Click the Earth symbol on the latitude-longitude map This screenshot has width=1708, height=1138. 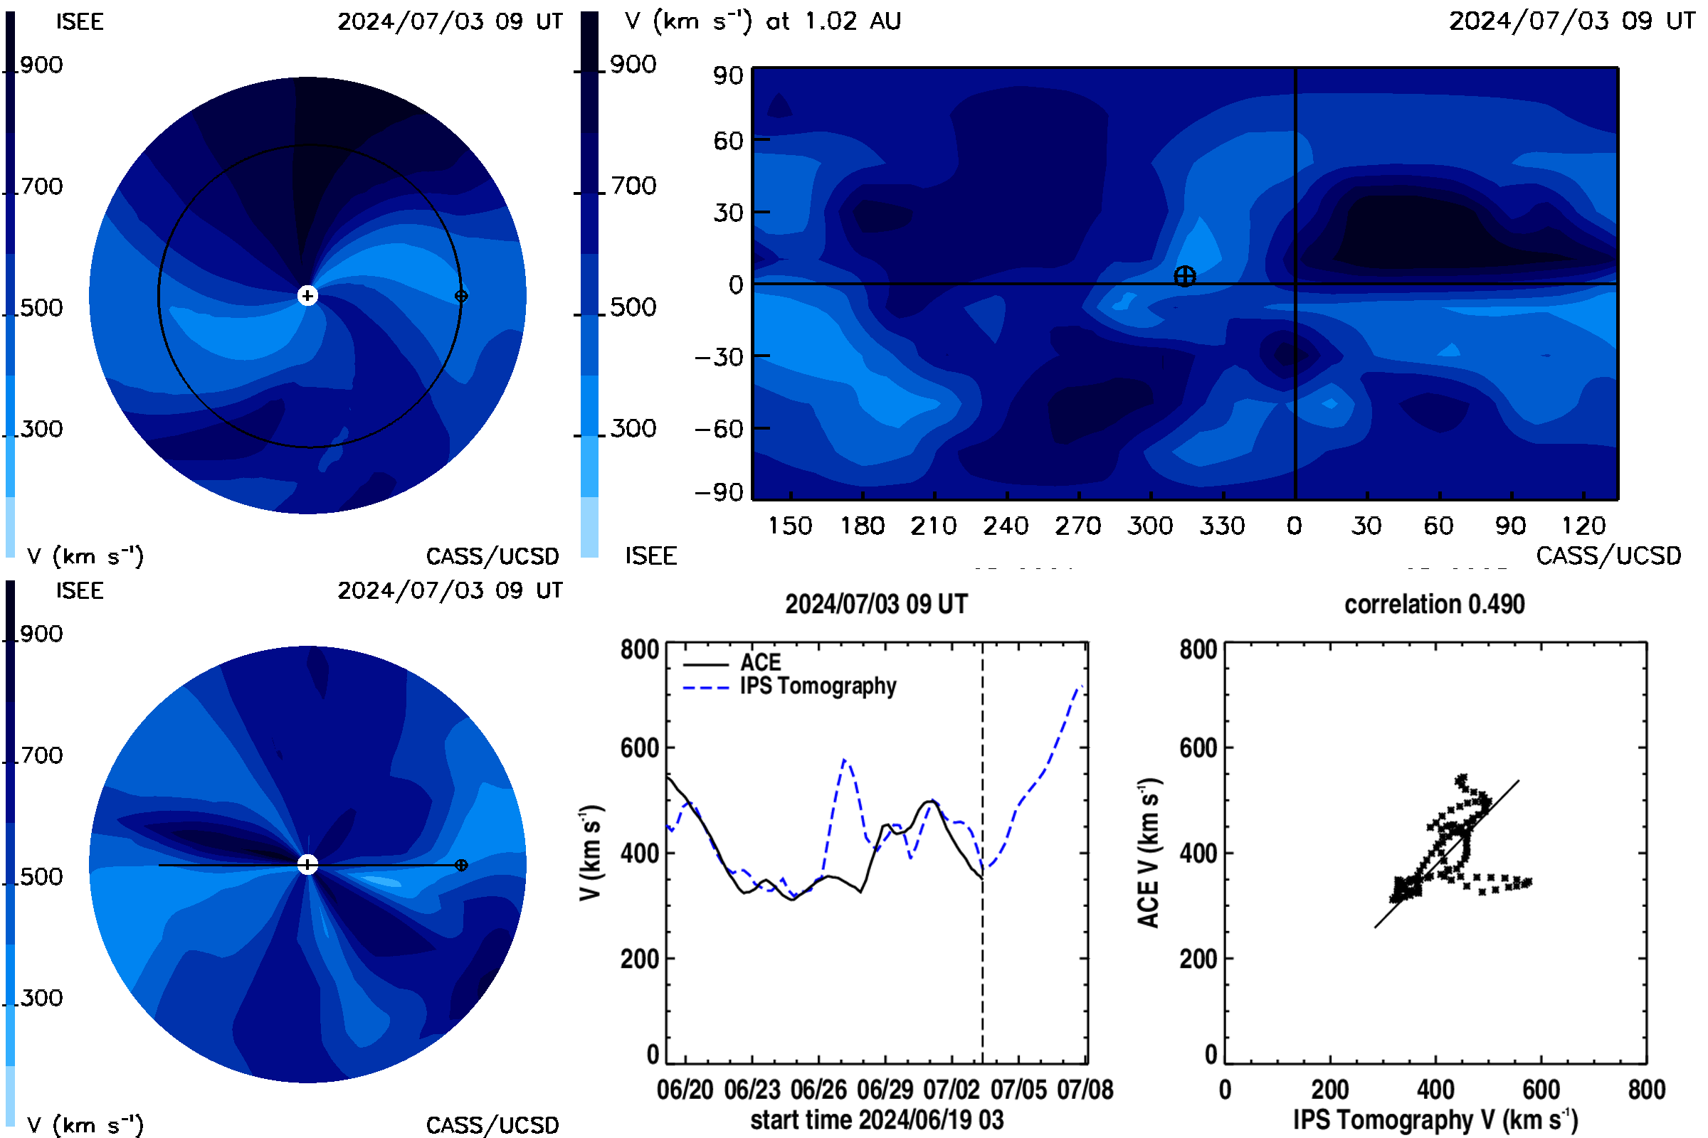point(1184,277)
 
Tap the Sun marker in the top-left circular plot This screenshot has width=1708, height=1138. point(308,296)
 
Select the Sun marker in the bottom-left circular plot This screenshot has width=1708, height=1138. point(308,865)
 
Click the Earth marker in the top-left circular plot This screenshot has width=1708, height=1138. point(461,296)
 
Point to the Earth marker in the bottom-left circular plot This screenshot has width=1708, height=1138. point(461,865)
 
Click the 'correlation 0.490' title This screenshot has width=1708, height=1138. point(1434,605)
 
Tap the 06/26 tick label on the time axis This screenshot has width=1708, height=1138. point(818,1090)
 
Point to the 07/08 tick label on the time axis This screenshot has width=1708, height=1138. point(1085,1090)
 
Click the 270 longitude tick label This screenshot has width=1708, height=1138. point(1077,526)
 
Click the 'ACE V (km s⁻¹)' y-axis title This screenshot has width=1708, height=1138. point(1149,853)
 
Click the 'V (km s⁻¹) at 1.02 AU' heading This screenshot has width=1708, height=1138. point(762,21)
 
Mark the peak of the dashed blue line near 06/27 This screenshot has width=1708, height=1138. point(845,759)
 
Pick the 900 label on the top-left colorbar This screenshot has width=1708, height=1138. point(41,65)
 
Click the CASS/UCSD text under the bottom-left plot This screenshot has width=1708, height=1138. point(492,1126)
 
